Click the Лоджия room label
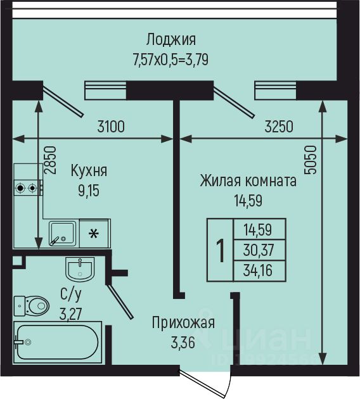[x=171, y=40]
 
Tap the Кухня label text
[x=89, y=170]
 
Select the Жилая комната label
[x=248, y=181]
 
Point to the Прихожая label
[x=184, y=322]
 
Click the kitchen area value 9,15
[x=89, y=191]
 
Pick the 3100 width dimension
[x=111, y=127]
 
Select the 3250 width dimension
[x=279, y=127]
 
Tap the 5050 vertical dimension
[x=311, y=160]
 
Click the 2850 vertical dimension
[x=49, y=160]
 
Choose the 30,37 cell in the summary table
[x=259, y=250]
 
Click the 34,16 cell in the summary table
[x=258, y=270]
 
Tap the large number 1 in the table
[x=221, y=250]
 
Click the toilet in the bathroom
[x=31, y=306]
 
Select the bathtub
[x=58, y=342]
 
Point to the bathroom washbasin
[x=80, y=269]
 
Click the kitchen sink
[x=63, y=234]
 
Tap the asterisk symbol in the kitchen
[x=94, y=234]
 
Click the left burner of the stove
[x=20, y=188]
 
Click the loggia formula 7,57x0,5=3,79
[x=171, y=60]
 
